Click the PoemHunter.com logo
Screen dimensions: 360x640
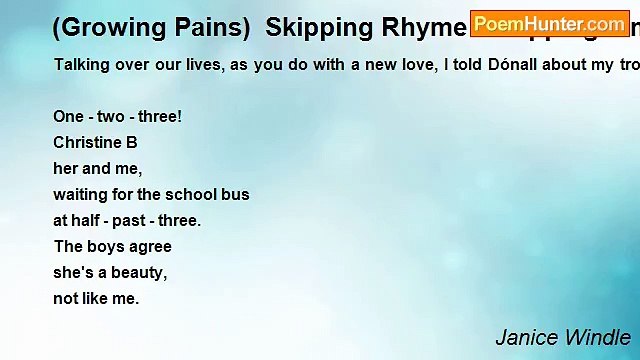(549, 23)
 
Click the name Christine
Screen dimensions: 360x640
(89, 142)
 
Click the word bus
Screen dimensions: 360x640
(236, 194)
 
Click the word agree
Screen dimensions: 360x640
(151, 247)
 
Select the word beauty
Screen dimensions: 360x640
(133, 272)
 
